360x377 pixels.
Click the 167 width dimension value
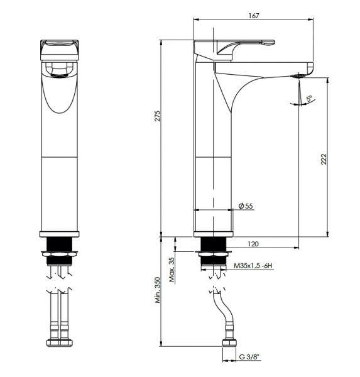[254, 16]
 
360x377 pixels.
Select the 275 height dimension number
[157, 116]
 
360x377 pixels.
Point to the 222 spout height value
[324, 159]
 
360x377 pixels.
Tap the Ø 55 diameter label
[246, 206]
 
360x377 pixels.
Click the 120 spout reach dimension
[253, 244]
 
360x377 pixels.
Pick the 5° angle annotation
[309, 99]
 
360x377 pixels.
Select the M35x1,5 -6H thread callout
[253, 266]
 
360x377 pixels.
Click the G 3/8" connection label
[250, 357]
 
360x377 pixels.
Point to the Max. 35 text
[172, 270]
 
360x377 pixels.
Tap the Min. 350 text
[158, 290]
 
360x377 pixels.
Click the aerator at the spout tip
[298, 76]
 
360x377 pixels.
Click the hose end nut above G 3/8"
[229, 342]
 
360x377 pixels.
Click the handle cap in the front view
[60, 50]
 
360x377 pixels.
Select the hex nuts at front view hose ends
[60, 342]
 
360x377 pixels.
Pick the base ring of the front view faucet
[60, 234]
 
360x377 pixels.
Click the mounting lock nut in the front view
[60, 254]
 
